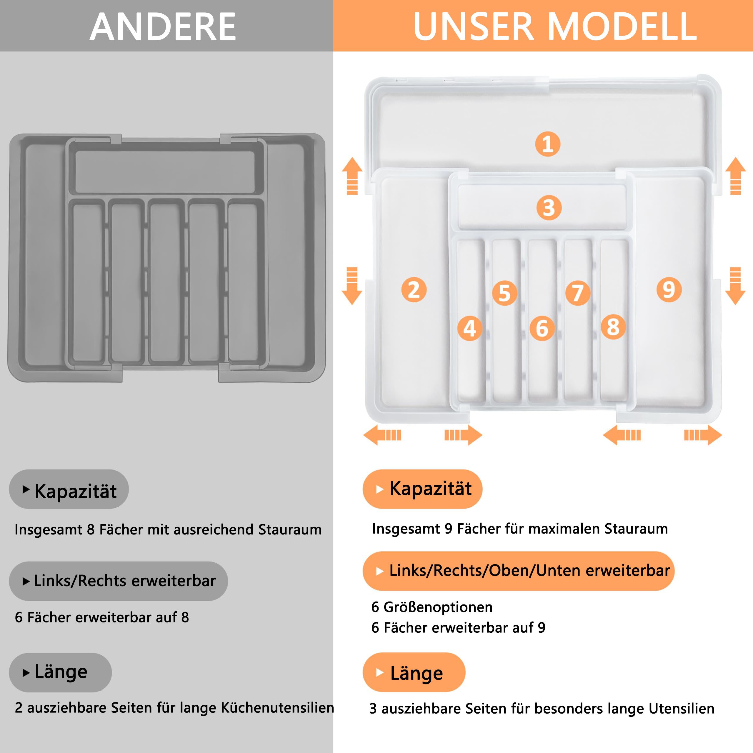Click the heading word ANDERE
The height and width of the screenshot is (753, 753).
pos(163,26)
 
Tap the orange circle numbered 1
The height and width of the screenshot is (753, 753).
pos(548,144)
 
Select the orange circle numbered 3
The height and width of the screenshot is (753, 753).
pos(549,207)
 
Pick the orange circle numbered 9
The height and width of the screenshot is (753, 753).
pos(669,290)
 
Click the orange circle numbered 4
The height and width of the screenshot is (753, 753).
pos(470,329)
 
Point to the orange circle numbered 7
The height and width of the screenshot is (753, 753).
pos(578,293)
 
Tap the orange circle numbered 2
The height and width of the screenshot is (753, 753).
pos(414,290)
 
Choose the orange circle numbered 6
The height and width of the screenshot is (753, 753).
pos(542,329)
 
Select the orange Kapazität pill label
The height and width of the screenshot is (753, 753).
pos(422,489)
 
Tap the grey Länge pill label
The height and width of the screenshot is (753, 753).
pos(60,672)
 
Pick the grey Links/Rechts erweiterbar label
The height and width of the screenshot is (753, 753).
pos(119,581)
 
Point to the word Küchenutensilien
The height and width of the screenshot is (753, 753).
pos(277,707)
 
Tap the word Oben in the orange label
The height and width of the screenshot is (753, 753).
pos(511,571)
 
